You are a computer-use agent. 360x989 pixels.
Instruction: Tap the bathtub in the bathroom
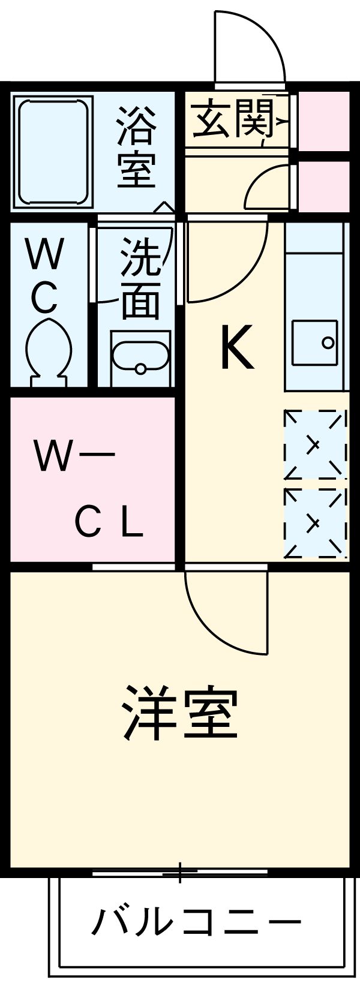click(53, 152)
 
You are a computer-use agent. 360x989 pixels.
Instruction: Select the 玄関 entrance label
click(233, 118)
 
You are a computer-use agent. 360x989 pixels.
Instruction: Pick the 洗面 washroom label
click(140, 278)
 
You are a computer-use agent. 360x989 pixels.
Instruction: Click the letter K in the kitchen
click(237, 347)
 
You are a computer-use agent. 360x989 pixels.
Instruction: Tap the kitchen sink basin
click(315, 342)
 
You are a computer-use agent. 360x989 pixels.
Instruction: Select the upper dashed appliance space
click(315, 444)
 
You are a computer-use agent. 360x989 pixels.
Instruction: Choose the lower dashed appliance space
click(315, 523)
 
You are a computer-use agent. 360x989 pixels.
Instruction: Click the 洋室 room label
click(180, 713)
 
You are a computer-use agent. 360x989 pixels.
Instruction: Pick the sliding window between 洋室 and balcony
click(180, 872)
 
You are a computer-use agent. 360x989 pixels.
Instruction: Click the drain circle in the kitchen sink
click(328, 342)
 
